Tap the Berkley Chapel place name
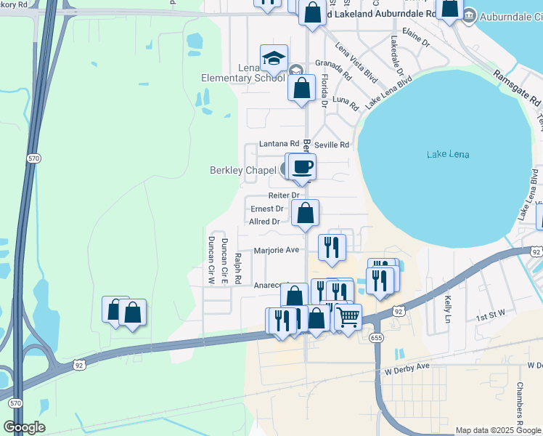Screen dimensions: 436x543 [x=243, y=171]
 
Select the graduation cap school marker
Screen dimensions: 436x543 [x=274, y=58]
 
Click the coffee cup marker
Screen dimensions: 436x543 [x=302, y=167]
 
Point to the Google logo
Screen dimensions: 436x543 [x=24, y=427]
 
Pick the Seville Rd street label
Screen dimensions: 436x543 [x=332, y=145]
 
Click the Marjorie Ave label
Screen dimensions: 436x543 [x=277, y=250]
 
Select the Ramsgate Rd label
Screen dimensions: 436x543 [x=517, y=88]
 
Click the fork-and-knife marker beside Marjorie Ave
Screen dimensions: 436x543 [x=332, y=247]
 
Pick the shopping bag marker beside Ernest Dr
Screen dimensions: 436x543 [x=306, y=214]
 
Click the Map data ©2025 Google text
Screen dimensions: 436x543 [x=497, y=430]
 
